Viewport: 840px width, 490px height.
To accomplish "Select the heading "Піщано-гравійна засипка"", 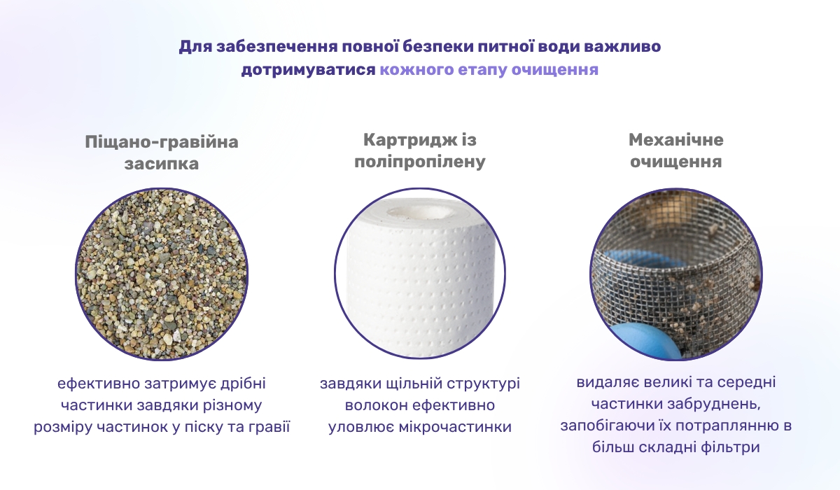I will [162, 153].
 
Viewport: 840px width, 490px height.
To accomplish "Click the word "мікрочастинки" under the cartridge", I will [465, 426].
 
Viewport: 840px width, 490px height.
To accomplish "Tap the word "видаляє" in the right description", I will [608, 384].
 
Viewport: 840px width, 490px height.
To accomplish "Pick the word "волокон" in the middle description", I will [374, 405].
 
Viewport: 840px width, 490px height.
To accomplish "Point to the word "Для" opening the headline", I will [192, 48].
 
